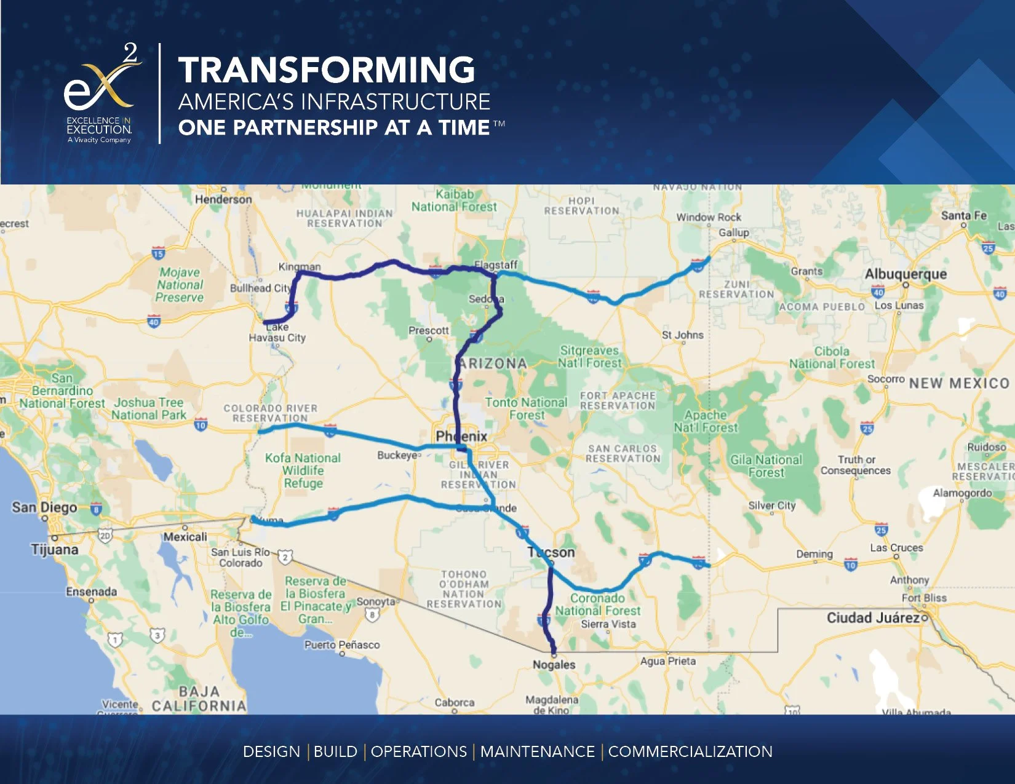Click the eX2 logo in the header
pos(101,92)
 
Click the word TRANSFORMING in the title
pos(327,69)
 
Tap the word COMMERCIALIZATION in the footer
pos(690,751)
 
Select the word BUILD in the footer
pos(335,751)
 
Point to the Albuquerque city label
pos(906,274)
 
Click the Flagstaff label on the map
pos(496,265)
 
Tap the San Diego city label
pos(44,507)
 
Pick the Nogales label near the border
pos(554,665)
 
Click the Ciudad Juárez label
pos(872,617)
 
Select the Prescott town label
pos(429,330)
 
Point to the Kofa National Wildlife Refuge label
pos(303,470)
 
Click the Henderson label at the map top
pos(223,199)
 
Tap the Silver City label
pos(772,505)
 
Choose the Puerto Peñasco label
pos(342,644)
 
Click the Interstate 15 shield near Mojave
pos(158,253)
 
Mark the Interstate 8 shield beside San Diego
pos(96,508)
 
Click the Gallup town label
pos(734,232)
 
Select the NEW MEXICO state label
pos(959,383)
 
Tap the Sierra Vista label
pos(608,624)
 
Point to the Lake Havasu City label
pos(277,332)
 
